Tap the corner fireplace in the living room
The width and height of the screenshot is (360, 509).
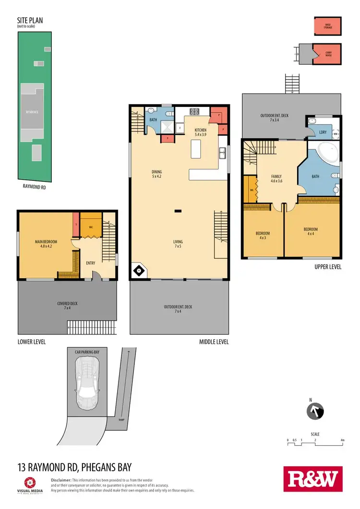click(139, 271)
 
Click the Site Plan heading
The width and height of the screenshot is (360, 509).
click(28, 22)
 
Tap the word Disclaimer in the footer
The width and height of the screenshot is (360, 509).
click(60, 480)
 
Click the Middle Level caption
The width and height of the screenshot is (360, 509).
click(214, 342)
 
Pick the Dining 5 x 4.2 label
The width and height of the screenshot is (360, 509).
click(156, 174)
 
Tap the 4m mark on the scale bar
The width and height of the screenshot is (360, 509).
click(342, 439)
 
